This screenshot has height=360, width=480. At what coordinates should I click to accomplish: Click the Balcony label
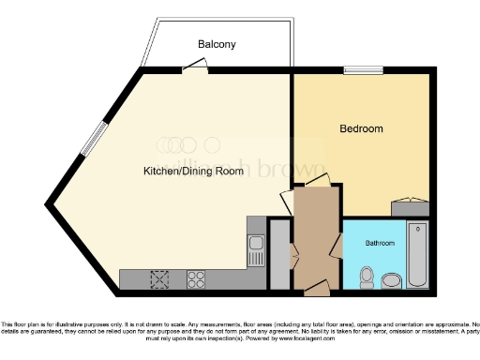216,44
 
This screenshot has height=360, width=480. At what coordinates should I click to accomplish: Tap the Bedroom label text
360,128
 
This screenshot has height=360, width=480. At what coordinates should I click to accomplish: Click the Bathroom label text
380,243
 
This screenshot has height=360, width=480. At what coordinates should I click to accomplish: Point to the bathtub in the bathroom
417,255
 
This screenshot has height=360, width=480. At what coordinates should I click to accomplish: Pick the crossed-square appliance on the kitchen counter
160,277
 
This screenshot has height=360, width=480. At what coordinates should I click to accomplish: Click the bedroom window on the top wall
364,69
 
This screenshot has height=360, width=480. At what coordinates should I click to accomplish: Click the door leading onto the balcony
195,65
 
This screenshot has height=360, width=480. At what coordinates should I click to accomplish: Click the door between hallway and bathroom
336,243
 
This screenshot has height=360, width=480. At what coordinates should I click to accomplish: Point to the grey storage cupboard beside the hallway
279,253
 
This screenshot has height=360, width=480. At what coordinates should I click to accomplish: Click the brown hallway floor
316,234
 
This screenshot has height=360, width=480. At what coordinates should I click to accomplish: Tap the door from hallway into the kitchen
289,200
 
